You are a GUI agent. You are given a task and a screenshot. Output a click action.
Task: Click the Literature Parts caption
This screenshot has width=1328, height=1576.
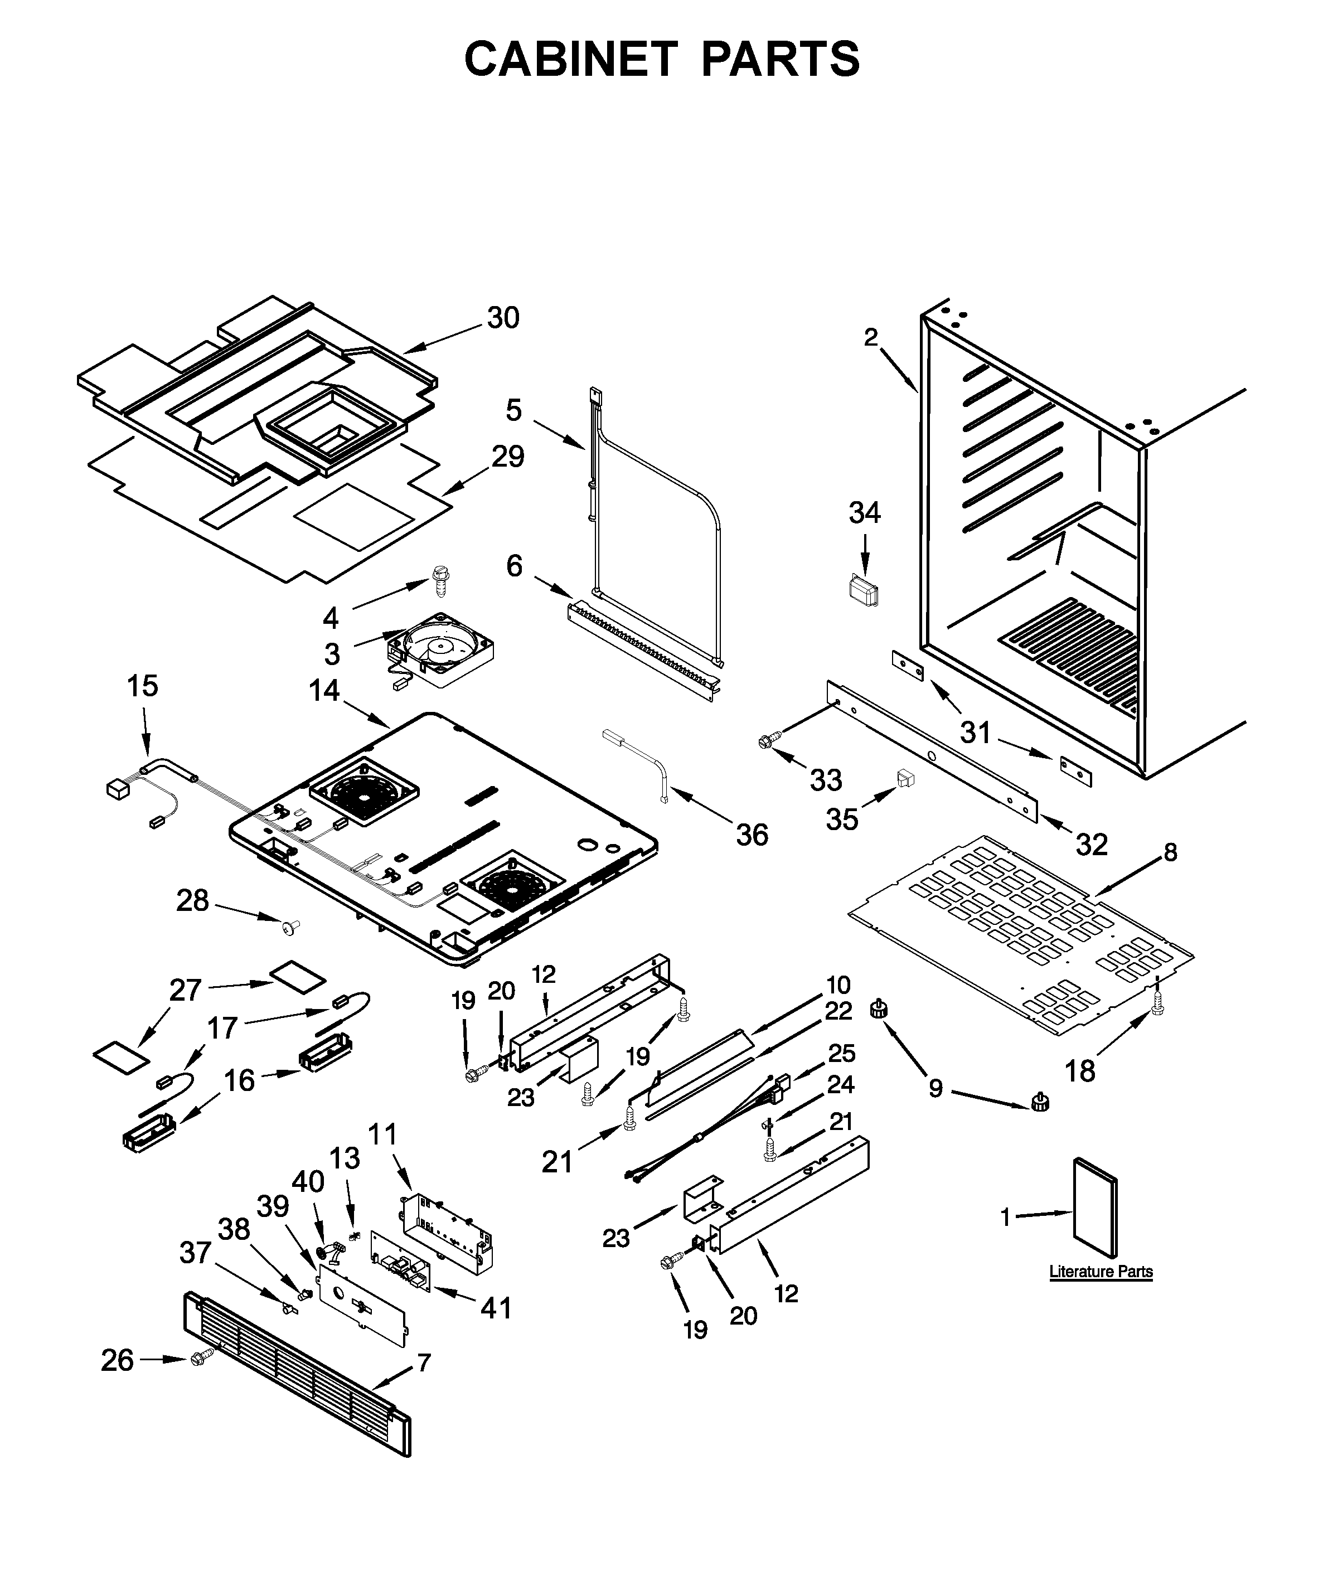tap(1101, 1271)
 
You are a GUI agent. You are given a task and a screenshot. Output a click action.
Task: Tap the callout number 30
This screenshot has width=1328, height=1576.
tap(503, 318)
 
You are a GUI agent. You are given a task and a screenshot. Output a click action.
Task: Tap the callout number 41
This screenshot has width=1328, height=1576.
tap(496, 1308)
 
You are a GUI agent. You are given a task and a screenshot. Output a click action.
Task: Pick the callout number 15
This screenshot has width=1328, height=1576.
tap(142, 686)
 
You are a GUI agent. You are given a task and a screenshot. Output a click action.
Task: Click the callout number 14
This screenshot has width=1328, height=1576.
tap(324, 690)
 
